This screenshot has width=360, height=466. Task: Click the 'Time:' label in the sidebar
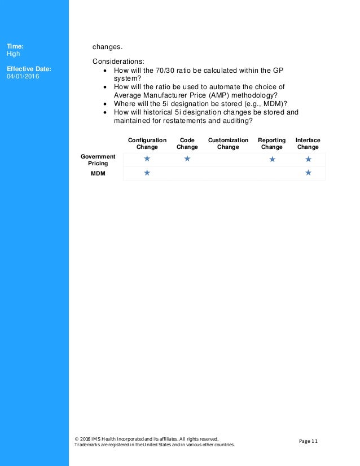(x=15, y=46)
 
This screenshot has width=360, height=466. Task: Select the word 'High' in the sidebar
(x=14, y=54)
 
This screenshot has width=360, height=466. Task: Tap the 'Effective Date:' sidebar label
(x=29, y=69)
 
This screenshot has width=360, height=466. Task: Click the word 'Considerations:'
(x=118, y=61)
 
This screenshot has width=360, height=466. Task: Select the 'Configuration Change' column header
(x=147, y=143)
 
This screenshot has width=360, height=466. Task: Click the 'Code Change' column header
(x=187, y=143)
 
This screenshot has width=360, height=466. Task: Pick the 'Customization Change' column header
(x=228, y=143)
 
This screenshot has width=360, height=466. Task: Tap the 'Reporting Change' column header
(x=272, y=143)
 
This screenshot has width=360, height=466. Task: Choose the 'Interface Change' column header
(x=308, y=143)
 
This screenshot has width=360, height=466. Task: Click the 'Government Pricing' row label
(x=98, y=160)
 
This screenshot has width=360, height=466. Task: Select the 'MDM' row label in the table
(x=98, y=173)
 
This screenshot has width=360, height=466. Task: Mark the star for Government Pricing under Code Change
(x=187, y=159)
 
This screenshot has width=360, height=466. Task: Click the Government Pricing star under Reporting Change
(x=272, y=160)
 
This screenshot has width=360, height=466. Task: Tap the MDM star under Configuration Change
(x=147, y=173)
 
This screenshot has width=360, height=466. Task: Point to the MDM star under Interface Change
(x=308, y=173)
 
